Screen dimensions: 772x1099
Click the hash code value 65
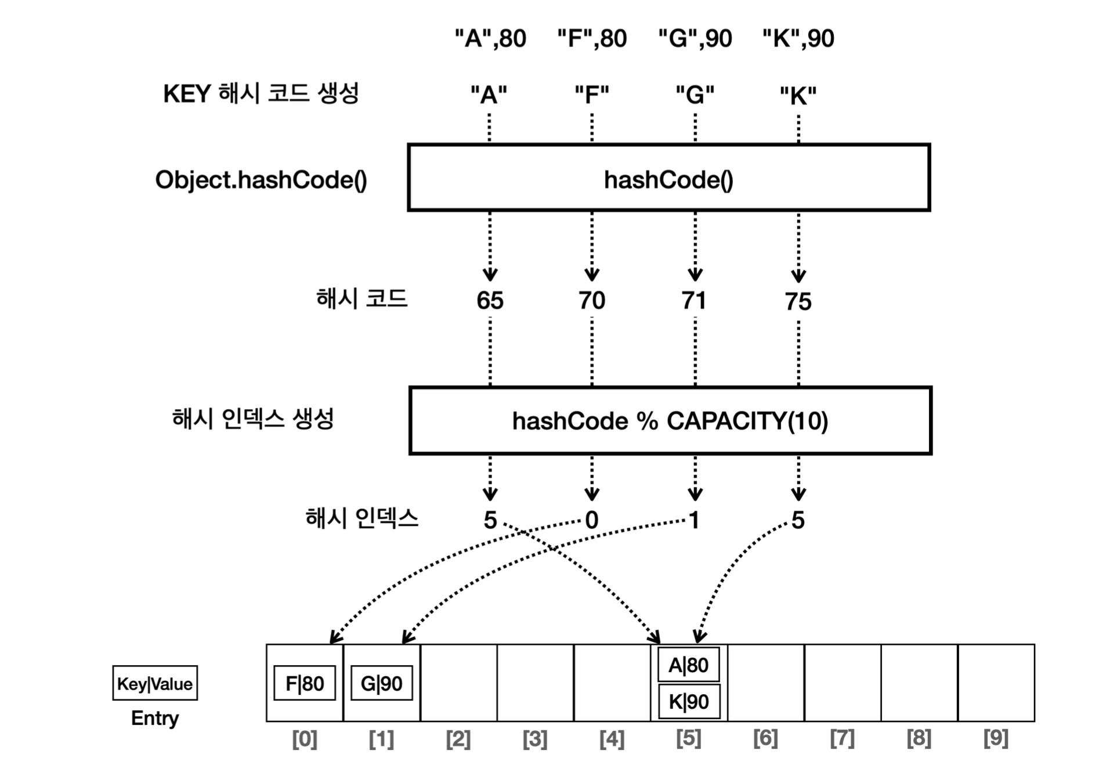[x=490, y=301]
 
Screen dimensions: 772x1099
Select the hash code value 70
[x=591, y=301]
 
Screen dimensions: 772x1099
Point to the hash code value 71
[x=694, y=301]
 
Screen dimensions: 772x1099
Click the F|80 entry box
[x=305, y=683]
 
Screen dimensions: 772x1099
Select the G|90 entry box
[x=381, y=683]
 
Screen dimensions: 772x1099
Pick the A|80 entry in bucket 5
[x=688, y=665]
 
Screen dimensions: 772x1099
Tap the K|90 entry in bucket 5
[x=688, y=702]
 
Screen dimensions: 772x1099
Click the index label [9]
[x=996, y=738]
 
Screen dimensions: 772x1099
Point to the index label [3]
[x=534, y=739]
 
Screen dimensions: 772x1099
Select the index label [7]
[x=842, y=738]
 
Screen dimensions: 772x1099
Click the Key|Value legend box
[x=155, y=683]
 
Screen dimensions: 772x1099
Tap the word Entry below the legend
[x=155, y=718]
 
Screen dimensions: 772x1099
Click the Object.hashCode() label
[x=261, y=180]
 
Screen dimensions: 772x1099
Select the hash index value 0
[x=591, y=520]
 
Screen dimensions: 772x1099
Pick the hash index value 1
[x=694, y=520]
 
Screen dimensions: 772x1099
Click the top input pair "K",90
[x=798, y=39]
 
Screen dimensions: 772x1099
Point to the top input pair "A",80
[x=490, y=39]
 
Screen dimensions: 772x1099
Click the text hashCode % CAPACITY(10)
[x=670, y=421]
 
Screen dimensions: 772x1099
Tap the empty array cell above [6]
[x=766, y=683]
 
